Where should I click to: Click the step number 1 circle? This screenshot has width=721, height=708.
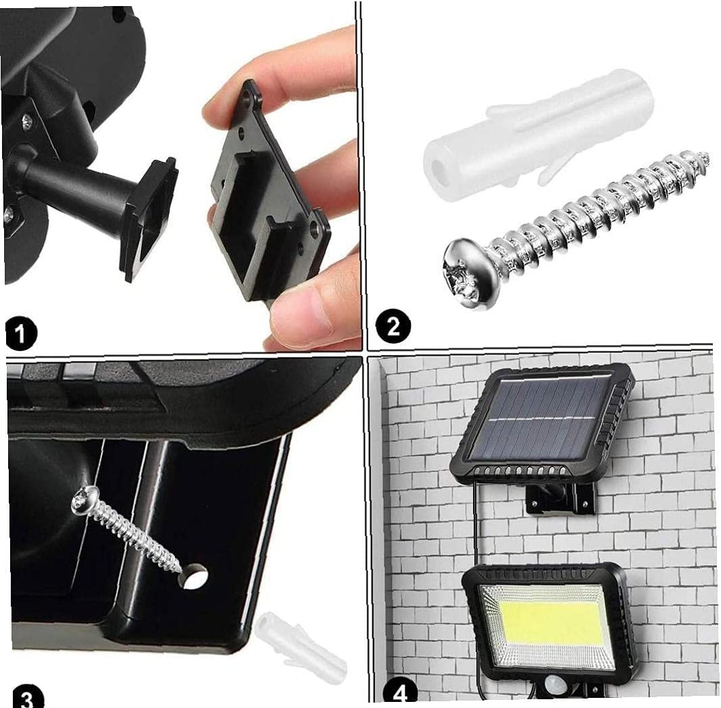(21, 335)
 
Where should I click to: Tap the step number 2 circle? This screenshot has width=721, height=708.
(393, 327)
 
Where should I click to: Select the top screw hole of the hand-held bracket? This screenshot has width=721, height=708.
(248, 99)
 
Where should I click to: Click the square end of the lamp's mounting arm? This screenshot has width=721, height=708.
(149, 218)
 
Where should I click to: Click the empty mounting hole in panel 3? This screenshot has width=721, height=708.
(193, 576)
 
